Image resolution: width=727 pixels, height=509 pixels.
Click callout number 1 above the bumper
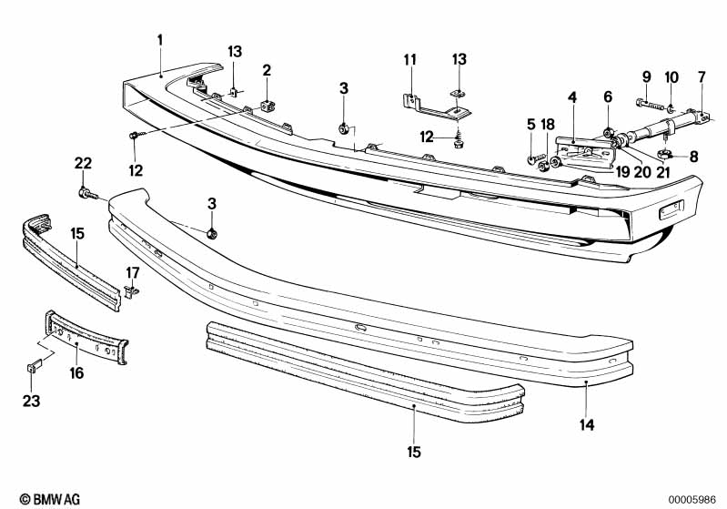[160, 40]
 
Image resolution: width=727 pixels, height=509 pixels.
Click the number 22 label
[83, 163]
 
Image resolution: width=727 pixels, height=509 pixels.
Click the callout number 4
[572, 97]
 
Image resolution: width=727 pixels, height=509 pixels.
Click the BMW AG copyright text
[45, 499]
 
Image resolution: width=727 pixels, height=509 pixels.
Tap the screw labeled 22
[85, 192]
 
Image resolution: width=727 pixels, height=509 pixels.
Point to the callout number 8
[693, 156]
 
